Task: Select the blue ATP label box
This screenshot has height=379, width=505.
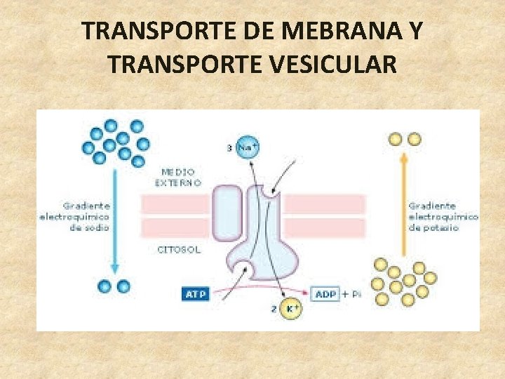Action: click(196, 294)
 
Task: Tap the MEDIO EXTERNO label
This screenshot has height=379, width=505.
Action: click(178, 176)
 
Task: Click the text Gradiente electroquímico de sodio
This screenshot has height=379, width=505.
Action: click(86, 217)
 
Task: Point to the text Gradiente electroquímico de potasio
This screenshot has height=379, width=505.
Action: click(443, 217)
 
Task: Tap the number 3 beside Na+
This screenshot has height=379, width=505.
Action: click(229, 147)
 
